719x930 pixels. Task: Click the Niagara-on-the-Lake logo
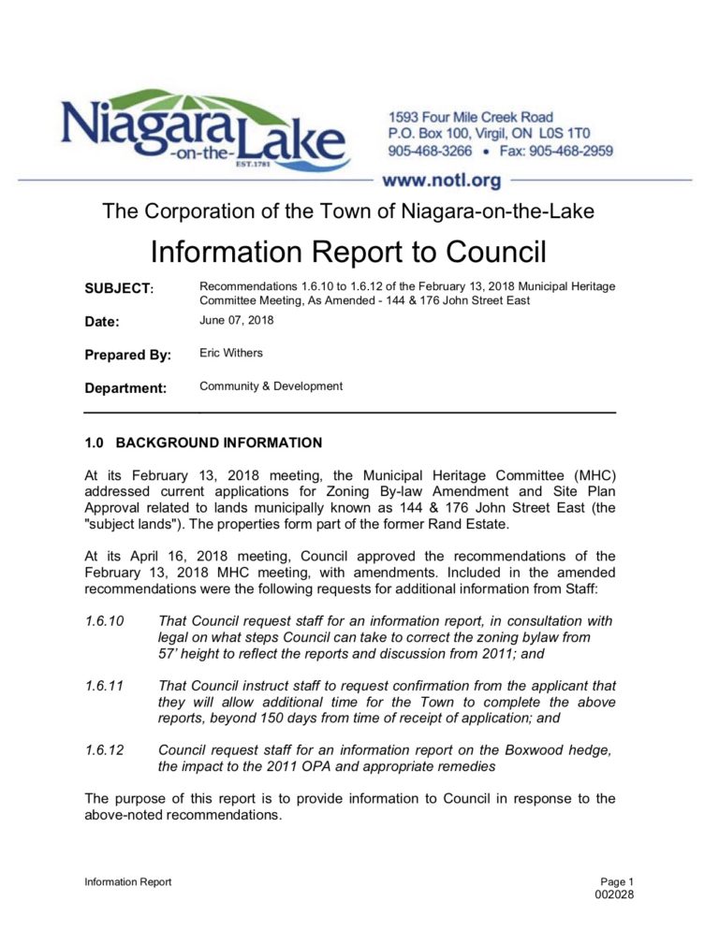[x=203, y=134]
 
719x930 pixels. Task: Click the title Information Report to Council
[x=348, y=253]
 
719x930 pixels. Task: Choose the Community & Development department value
[x=271, y=385]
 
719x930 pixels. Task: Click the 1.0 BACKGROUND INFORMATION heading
[x=203, y=442]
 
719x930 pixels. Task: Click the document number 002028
[x=614, y=896]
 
